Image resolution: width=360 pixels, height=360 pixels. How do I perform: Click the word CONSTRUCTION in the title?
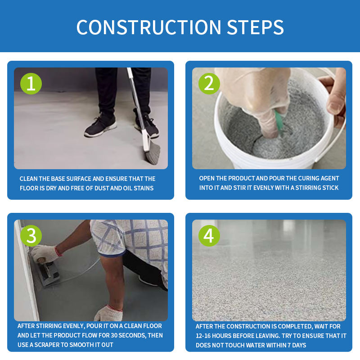(149, 27)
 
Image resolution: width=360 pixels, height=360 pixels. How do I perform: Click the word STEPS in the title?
(255, 27)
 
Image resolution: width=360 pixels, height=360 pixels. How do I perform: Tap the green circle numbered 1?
(31, 84)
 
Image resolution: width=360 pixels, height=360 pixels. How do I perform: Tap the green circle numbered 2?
(209, 84)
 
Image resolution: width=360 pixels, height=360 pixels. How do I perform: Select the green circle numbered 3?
(31, 236)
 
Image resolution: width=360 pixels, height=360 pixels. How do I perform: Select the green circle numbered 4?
(209, 236)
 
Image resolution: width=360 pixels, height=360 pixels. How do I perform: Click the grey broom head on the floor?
(153, 153)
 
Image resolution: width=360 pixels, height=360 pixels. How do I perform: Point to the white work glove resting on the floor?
(108, 313)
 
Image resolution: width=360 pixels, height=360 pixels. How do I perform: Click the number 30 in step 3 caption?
(114, 335)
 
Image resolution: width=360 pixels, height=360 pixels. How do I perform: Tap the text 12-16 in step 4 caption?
(203, 336)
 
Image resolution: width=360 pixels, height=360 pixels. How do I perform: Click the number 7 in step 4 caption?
(289, 345)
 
